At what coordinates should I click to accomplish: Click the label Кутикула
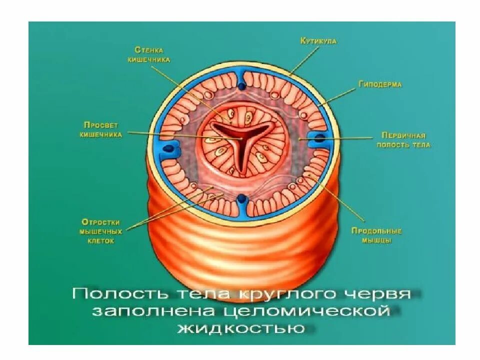[x=318, y=41]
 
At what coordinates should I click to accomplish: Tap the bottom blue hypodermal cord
[x=241, y=200]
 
